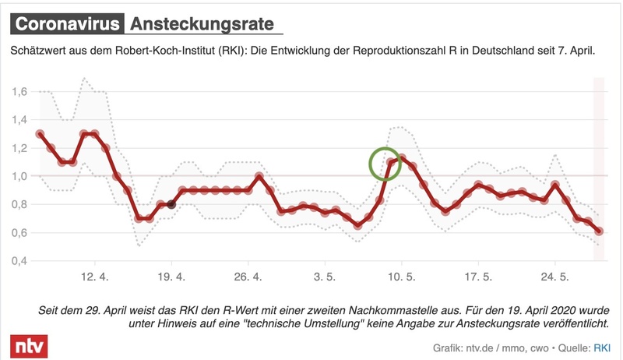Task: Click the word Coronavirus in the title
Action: tap(67, 24)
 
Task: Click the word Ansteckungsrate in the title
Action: tap(202, 24)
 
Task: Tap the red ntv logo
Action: tap(28, 344)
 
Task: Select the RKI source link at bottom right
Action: tap(603, 348)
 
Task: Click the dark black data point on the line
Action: tap(171, 205)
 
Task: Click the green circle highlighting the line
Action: tap(384, 164)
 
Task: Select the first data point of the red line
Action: tap(40, 134)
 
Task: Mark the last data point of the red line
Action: tap(599, 231)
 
